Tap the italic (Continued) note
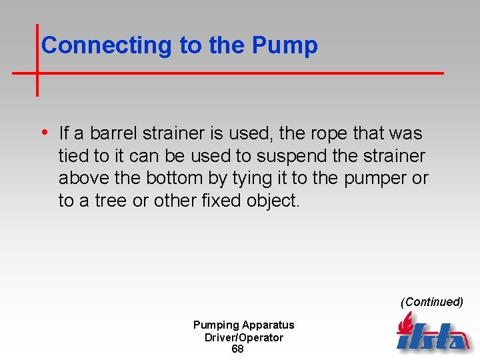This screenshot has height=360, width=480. pos(431,302)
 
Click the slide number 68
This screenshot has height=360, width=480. pos(237,349)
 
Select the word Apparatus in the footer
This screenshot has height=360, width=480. pos(268,325)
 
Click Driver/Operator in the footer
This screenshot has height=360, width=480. pos(244,337)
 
